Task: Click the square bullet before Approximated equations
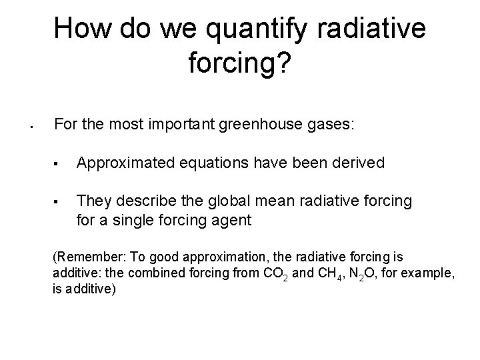coord(59,163)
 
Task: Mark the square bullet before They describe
coord(59,201)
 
